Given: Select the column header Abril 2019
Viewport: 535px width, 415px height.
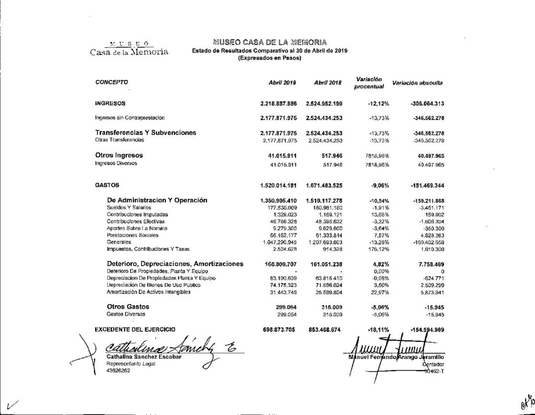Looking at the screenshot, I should coord(282,83).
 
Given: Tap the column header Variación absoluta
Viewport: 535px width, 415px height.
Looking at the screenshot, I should coord(417,83).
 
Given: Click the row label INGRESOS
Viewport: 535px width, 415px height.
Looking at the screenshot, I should coord(110,104).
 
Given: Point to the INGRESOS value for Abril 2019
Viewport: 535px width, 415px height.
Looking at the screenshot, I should coord(278,104).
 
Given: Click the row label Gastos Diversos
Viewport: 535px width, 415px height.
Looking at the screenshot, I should coord(126,314).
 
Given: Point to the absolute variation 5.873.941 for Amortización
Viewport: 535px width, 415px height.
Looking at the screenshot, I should coord(429,292).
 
